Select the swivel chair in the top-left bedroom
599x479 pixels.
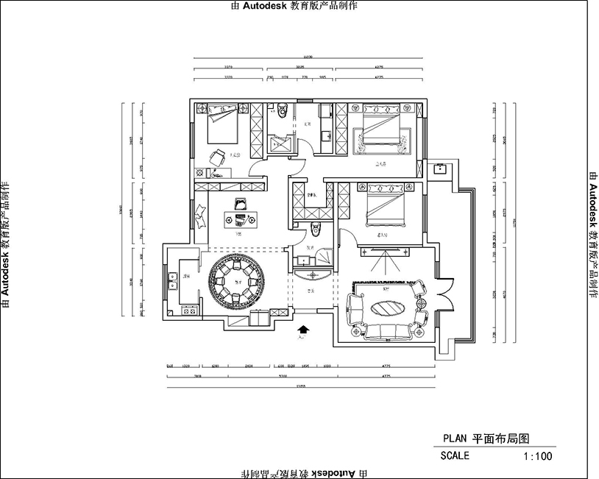tap(218, 157)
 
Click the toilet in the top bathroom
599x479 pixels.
tap(281, 112)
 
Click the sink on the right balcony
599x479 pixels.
tap(440, 168)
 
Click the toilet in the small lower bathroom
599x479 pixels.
tap(315, 227)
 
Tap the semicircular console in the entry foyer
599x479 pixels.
tap(312, 275)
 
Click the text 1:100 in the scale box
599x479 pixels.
tap(538, 456)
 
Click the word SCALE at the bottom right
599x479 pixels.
tap(455, 456)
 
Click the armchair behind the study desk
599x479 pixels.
tap(240, 203)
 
